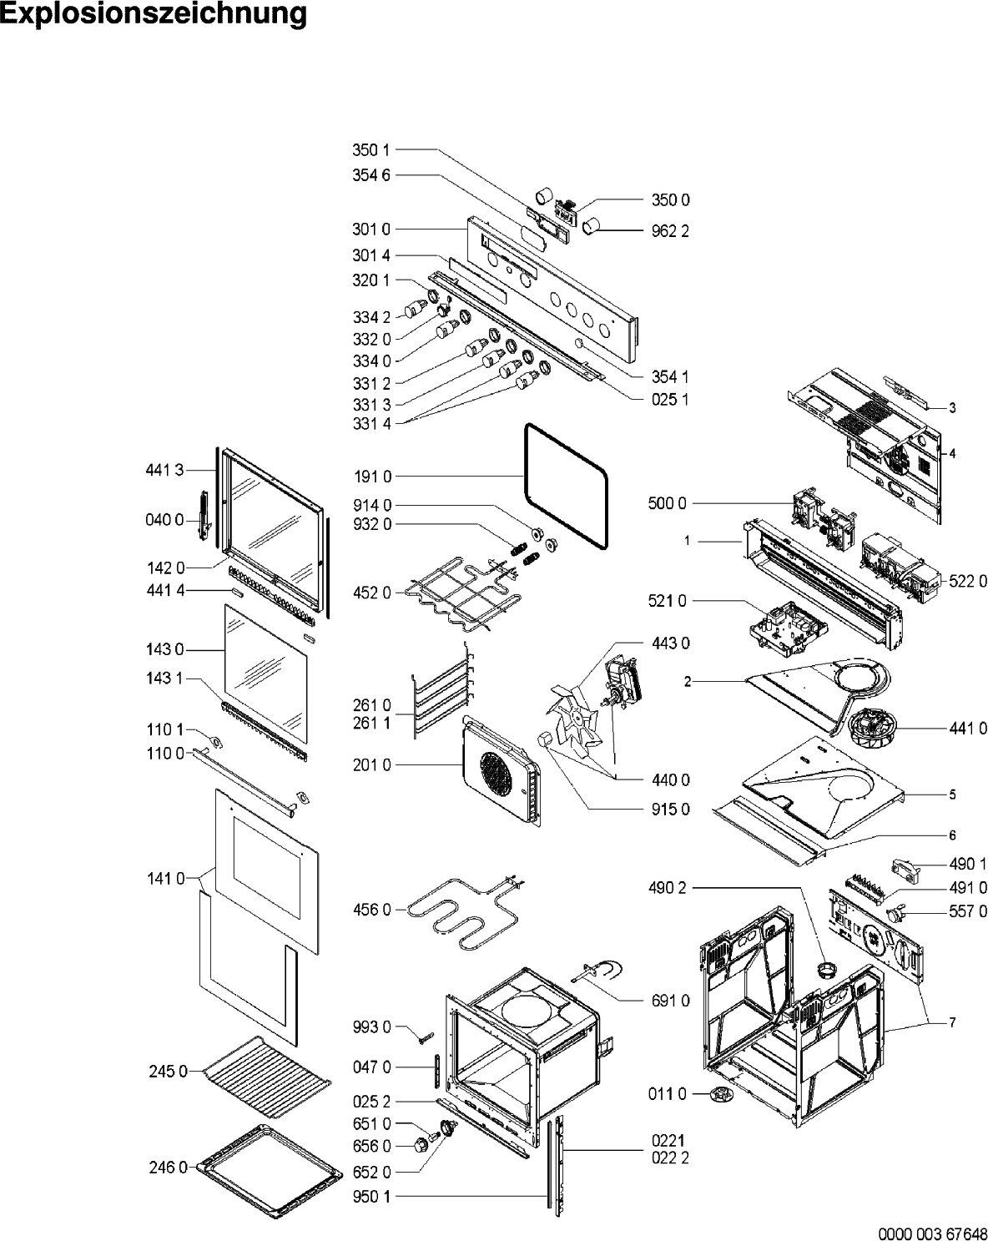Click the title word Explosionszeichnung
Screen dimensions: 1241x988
154,15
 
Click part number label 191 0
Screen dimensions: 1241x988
371,477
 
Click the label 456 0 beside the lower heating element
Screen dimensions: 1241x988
371,910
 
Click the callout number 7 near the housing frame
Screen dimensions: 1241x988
951,1022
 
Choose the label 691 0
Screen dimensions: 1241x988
670,1001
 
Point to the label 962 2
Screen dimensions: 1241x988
670,230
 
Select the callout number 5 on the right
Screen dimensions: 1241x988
952,795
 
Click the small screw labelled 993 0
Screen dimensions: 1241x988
426,1036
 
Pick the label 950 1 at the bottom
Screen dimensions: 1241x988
371,1197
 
